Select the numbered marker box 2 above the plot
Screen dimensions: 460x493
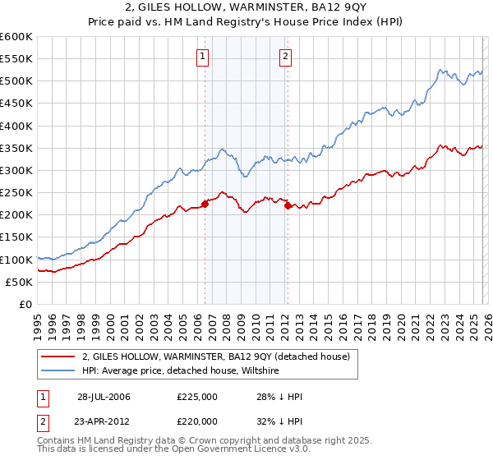[285, 57]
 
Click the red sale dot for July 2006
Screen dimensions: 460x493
[205, 205]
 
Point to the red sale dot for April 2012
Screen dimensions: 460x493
[288, 206]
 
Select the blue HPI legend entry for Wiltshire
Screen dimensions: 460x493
[181, 370]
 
